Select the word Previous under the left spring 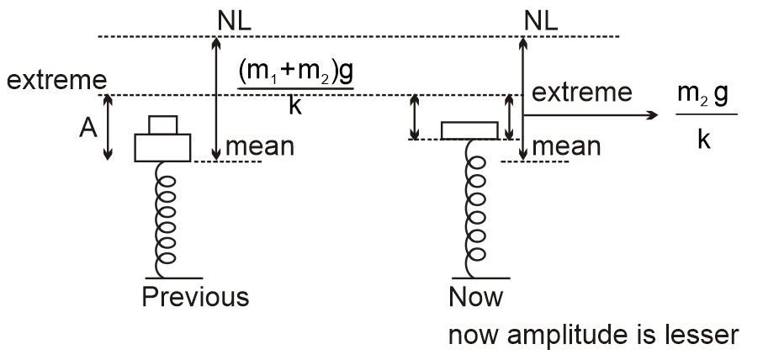click(195, 297)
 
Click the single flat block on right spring click(475, 130)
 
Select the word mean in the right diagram click(566, 146)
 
